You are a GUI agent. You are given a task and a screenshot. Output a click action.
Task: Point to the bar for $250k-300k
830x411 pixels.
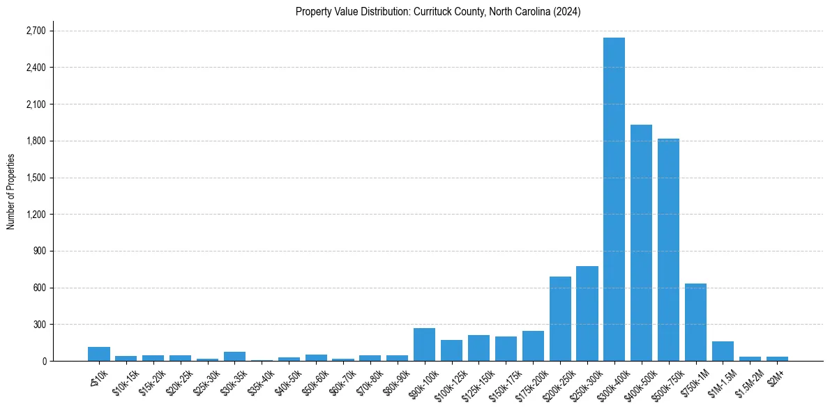587,313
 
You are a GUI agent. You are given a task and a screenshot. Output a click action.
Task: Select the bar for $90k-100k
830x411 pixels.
424,344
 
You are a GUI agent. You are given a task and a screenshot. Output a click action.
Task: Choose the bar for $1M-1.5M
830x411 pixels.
723,351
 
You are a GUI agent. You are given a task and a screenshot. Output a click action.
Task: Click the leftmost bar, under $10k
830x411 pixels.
99,354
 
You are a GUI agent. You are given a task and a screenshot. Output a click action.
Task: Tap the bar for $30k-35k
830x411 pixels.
234,356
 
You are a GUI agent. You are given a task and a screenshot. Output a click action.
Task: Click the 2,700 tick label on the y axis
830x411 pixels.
35,31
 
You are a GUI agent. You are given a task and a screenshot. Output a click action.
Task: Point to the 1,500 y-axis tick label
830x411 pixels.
35,178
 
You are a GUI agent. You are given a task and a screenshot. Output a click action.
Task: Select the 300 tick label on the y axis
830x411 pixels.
38,325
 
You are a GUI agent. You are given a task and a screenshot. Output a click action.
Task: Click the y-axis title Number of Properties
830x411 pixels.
10,192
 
